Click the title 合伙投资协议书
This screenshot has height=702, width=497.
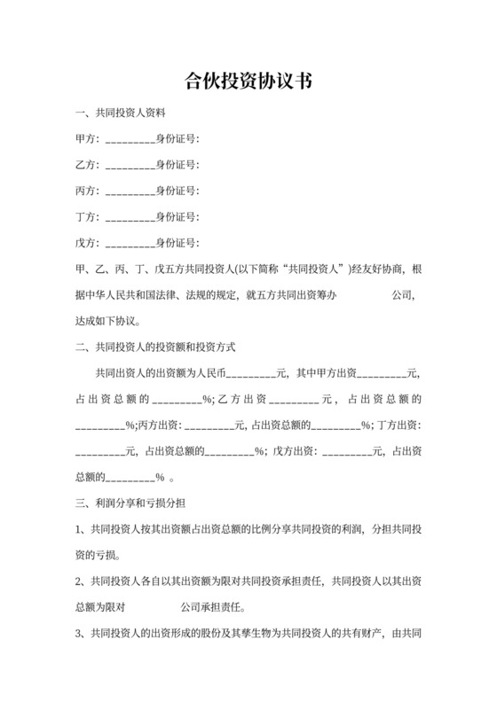(248, 82)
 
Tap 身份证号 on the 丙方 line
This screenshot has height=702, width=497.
(177, 191)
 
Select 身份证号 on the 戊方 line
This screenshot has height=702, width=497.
(177, 243)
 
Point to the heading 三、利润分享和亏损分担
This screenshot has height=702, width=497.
(130, 503)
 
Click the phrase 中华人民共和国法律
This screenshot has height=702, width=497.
(133, 294)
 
